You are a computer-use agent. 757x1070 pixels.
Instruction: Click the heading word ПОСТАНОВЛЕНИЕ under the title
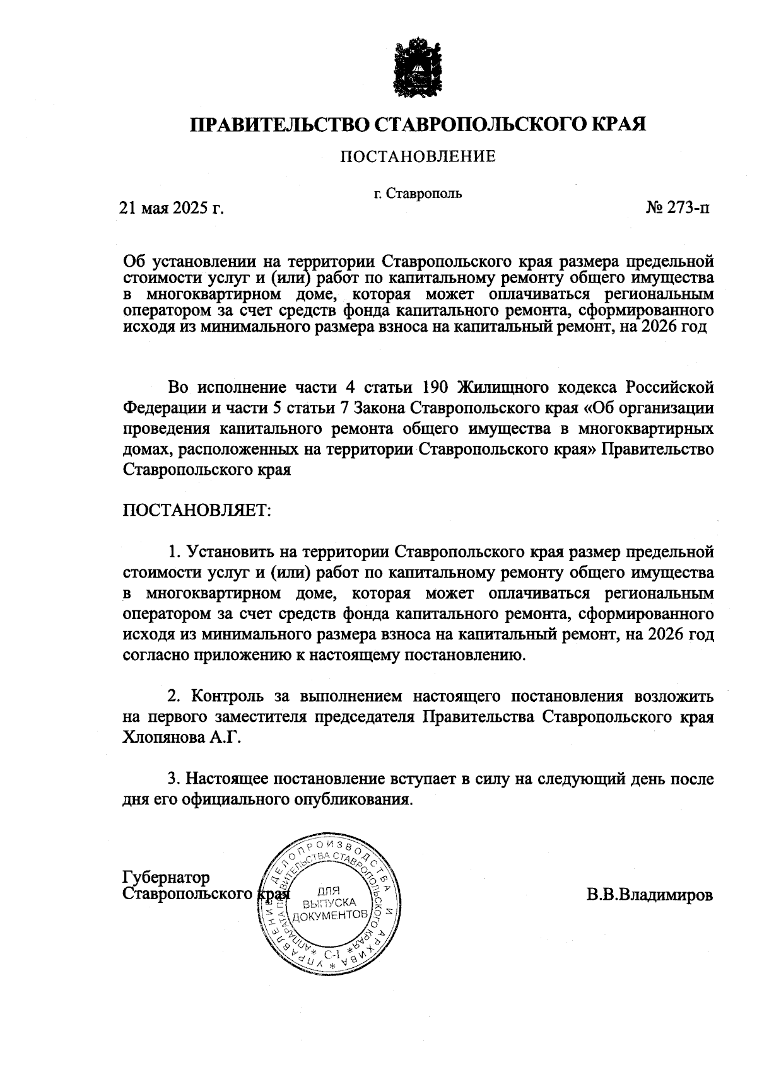point(418,156)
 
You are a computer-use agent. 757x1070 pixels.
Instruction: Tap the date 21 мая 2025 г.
point(172,207)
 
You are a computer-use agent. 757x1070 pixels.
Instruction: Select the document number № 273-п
point(677,207)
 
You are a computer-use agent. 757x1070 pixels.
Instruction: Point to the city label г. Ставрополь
point(418,193)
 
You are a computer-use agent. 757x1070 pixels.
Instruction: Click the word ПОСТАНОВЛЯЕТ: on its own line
point(196,509)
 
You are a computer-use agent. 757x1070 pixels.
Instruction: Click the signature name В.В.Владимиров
point(650,895)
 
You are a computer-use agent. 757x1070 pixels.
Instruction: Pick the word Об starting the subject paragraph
point(134,262)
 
